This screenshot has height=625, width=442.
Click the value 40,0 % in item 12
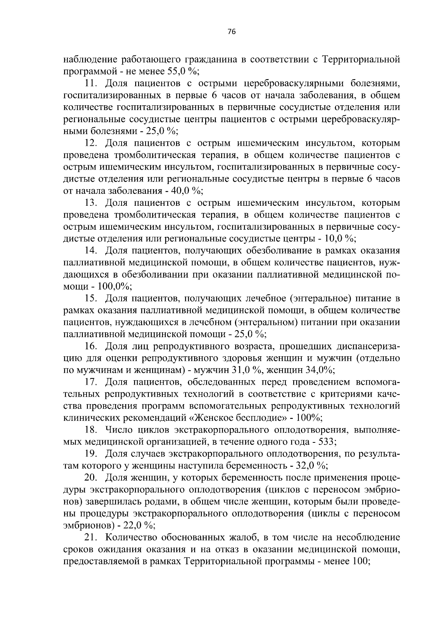coord(183,191)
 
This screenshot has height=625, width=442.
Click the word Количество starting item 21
coord(131,537)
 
